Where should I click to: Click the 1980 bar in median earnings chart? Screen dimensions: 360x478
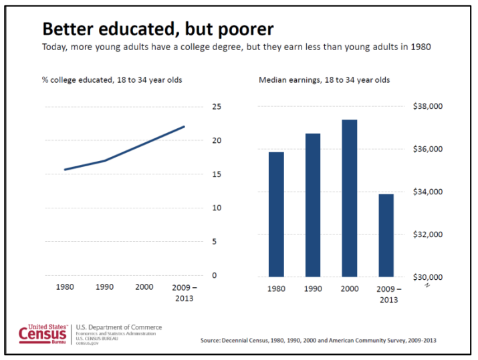coord(276,214)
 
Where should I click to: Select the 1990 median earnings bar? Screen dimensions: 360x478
coord(313,204)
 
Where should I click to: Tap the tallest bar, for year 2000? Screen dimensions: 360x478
coord(350,198)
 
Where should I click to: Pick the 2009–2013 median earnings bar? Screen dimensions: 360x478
coord(386,234)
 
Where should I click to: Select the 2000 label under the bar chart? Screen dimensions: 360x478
coord(350,290)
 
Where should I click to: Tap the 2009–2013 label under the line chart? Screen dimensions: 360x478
coord(183,293)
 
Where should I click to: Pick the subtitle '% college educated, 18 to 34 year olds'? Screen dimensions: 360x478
coord(112,80)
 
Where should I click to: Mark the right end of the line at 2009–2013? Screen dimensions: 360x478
coord(184,126)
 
